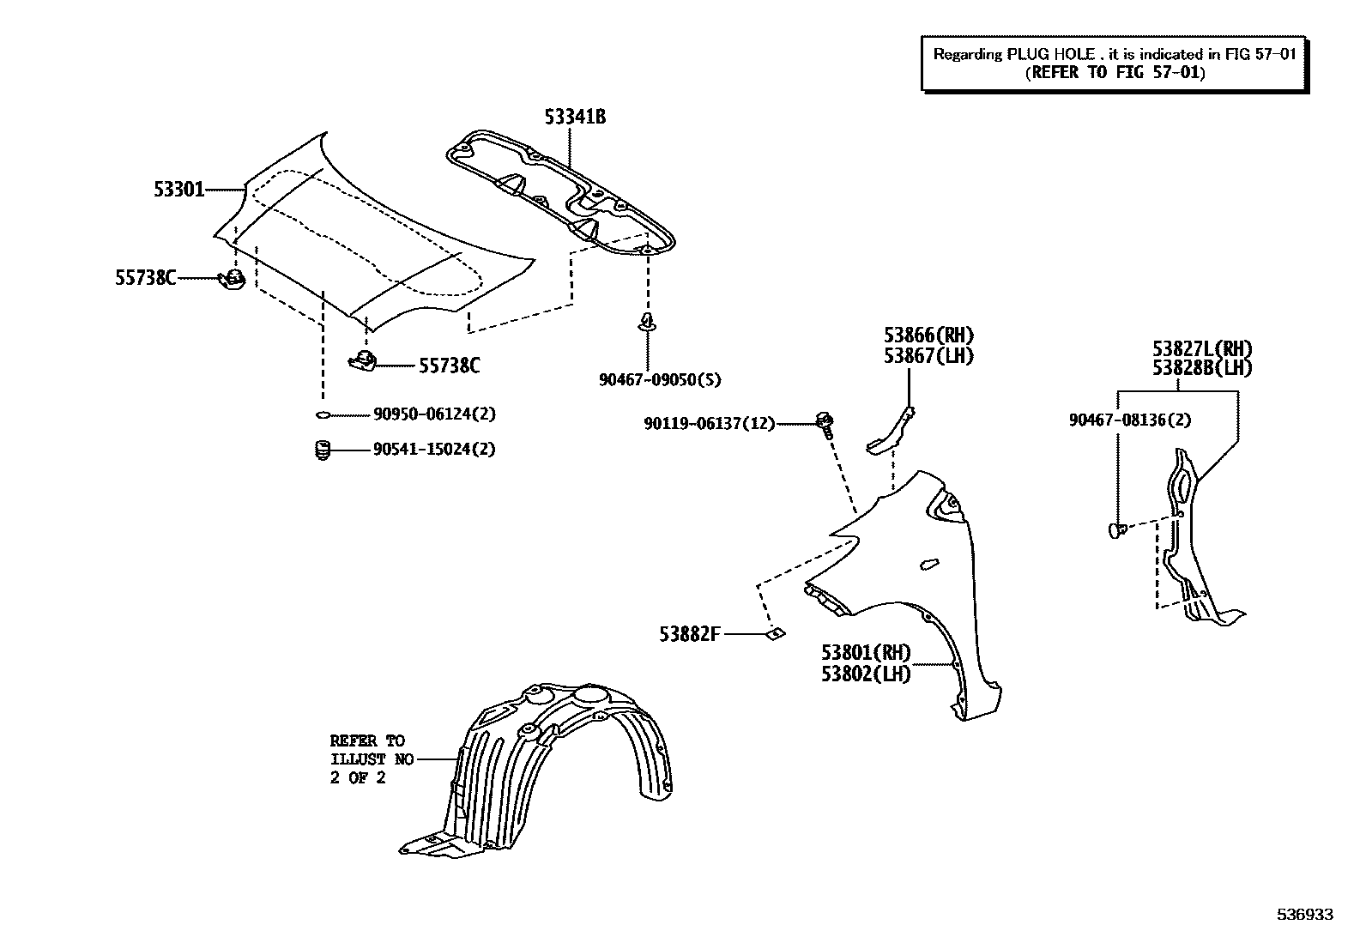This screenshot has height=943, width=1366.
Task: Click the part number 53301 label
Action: [179, 189]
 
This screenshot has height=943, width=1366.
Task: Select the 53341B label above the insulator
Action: [575, 117]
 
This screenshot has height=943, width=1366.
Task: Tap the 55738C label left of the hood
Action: [146, 277]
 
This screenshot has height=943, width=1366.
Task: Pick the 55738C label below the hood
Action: [449, 366]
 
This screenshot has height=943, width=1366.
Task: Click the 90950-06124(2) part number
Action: [434, 414]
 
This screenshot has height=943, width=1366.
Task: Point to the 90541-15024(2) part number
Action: [434, 449]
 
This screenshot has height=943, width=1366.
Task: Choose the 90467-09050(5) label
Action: [660, 379]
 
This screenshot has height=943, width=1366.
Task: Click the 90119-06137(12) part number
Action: [710, 423]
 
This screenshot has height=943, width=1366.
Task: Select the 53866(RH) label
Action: [929, 335]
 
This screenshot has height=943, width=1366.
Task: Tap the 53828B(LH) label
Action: [1202, 368]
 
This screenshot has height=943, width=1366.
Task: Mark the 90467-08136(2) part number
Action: [1130, 420]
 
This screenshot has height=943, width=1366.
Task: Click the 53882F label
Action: [690, 634]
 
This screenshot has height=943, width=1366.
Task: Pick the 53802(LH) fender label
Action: [866, 674]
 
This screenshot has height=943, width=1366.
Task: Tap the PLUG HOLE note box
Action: [1115, 63]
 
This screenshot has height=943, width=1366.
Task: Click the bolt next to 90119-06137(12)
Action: [826, 423]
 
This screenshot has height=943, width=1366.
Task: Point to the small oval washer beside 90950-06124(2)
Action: [323, 415]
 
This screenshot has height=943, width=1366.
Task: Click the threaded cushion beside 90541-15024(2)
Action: [323, 450]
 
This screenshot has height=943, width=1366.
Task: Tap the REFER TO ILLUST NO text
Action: [372, 759]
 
